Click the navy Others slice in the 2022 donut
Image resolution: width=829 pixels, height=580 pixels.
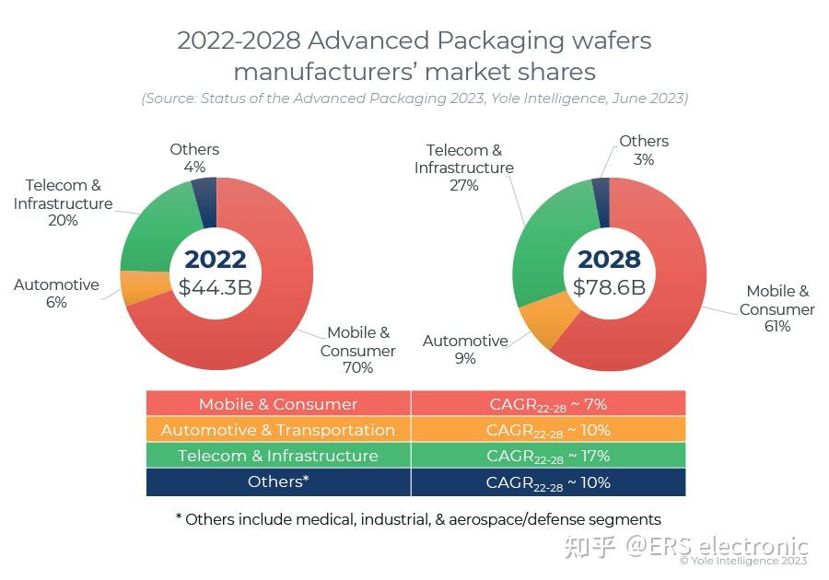coord(204,202)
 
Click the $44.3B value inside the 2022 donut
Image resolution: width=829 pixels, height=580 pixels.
coord(215,286)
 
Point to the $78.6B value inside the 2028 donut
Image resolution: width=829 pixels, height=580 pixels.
coord(609,286)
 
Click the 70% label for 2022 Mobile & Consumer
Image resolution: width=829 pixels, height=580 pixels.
coord(357,368)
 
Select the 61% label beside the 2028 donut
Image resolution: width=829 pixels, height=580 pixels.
coord(776,326)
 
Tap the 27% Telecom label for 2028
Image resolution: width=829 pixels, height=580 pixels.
coord(464,185)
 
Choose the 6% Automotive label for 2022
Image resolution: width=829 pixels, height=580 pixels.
coord(56,302)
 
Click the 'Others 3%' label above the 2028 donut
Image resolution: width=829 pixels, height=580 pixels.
coord(644,150)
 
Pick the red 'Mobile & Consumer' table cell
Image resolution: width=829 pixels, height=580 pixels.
coord(278,403)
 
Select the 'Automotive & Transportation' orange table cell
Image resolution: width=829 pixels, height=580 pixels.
coord(278,430)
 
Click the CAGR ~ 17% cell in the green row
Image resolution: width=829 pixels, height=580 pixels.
coord(548,456)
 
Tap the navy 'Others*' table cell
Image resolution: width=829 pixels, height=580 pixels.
coord(278,481)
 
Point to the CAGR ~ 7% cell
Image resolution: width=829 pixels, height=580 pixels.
coord(548,403)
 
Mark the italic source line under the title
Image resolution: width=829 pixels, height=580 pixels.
coord(414,98)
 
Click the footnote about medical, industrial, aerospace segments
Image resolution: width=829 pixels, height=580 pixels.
coord(418,519)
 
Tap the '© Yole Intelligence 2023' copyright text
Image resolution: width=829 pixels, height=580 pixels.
coord(743,561)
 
